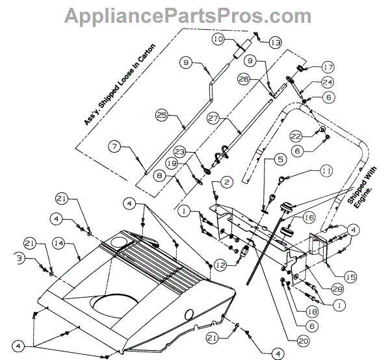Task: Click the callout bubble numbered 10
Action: [218, 40]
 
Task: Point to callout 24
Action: [327, 83]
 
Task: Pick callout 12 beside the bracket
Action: [222, 264]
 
